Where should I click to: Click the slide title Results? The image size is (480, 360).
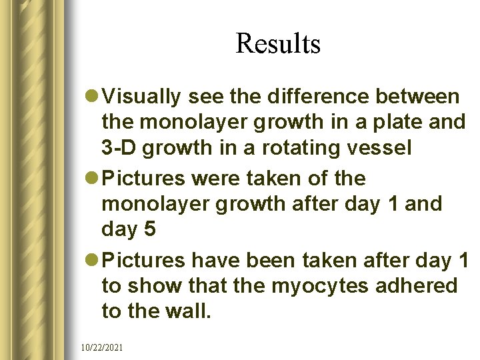278,44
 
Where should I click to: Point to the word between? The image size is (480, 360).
417,97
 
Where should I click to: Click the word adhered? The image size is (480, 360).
420,285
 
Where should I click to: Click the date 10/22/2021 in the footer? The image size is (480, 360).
100,347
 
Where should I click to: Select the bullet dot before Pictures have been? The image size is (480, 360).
93,261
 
